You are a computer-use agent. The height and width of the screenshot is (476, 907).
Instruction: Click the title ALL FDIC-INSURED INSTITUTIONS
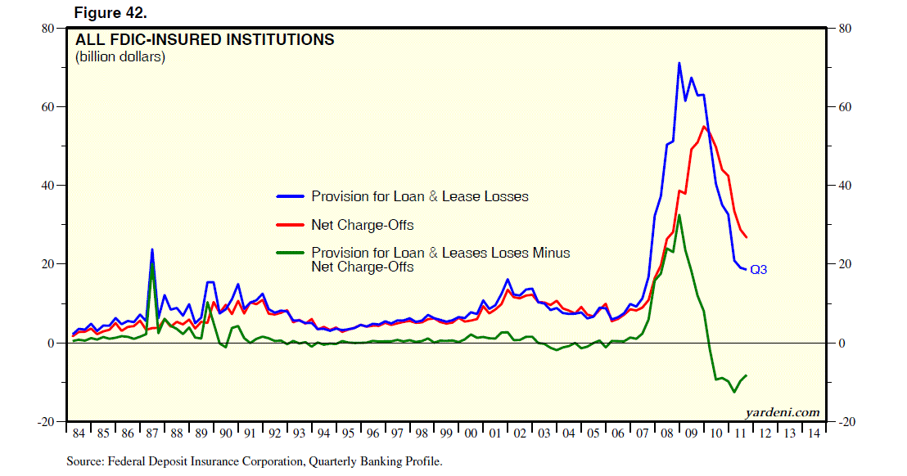point(205,39)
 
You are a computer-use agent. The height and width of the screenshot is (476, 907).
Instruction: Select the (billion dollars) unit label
point(120,57)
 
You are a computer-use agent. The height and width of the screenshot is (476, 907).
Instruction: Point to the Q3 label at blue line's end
point(759,269)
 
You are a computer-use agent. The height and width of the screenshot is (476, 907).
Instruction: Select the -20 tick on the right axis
point(847,421)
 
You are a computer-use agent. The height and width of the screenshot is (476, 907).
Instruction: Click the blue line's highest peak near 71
point(679,63)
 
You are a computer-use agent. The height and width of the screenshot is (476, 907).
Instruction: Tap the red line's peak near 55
point(704,126)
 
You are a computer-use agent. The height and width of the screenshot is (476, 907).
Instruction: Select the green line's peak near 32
point(679,215)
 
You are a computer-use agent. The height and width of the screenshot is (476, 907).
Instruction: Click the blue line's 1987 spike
point(151,250)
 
